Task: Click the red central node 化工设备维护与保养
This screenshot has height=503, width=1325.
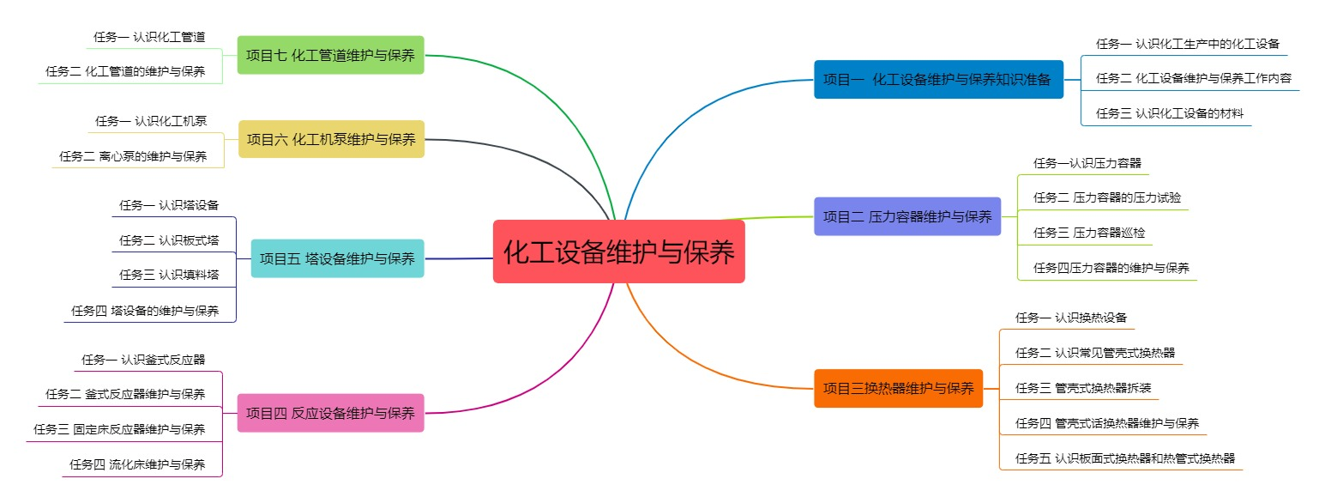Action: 618,251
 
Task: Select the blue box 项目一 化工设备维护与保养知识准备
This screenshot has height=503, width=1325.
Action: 937,79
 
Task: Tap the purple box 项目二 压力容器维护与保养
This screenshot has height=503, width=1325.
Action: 906,216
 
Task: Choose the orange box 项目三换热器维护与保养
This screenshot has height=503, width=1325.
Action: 898,388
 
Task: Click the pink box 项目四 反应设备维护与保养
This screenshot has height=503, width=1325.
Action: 330,413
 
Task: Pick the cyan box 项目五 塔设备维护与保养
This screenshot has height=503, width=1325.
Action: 337,258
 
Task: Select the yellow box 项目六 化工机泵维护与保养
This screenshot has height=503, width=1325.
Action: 331,139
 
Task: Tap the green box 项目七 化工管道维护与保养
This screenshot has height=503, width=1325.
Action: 330,55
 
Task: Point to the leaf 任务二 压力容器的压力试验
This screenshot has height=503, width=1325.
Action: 1100,197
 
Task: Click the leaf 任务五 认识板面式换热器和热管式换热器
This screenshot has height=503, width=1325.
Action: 1119,458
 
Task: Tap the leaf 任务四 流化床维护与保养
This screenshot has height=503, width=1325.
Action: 137,465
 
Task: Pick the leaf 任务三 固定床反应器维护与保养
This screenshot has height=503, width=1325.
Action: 119,429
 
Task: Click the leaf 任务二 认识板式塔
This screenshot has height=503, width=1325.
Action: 169,240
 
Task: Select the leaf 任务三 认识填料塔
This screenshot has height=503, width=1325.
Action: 169,275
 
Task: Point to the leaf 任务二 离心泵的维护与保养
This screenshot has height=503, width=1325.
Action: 133,156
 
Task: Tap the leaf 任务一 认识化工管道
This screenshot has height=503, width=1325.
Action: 149,38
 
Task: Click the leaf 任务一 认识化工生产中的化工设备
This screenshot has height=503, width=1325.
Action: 1187,44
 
